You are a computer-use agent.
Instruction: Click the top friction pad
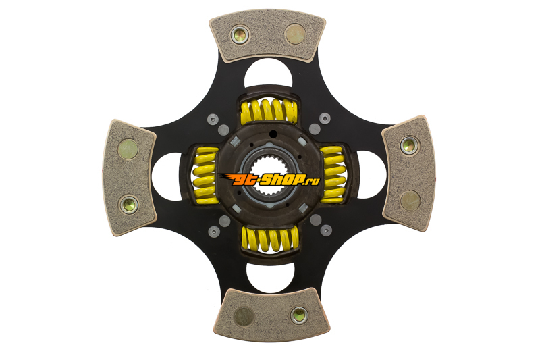click(x=267, y=35)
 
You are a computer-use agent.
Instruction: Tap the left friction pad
click(x=130, y=178)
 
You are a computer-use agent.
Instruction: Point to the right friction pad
click(x=409, y=174)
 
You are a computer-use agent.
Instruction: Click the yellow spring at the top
click(x=269, y=111)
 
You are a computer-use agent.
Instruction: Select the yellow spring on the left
click(x=206, y=176)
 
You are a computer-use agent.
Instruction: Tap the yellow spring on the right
click(x=333, y=174)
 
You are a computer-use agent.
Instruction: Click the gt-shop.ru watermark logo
click(x=269, y=180)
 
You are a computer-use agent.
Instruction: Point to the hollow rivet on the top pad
click(x=240, y=35)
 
